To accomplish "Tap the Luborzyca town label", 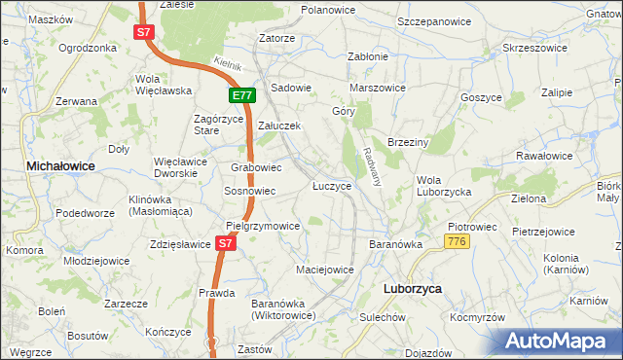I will tap(408, 289).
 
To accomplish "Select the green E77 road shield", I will tap(243, 95).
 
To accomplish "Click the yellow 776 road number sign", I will tap(458, 240).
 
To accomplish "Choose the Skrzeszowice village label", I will tap(534, 47).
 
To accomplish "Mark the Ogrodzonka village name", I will tap(88, 47).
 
